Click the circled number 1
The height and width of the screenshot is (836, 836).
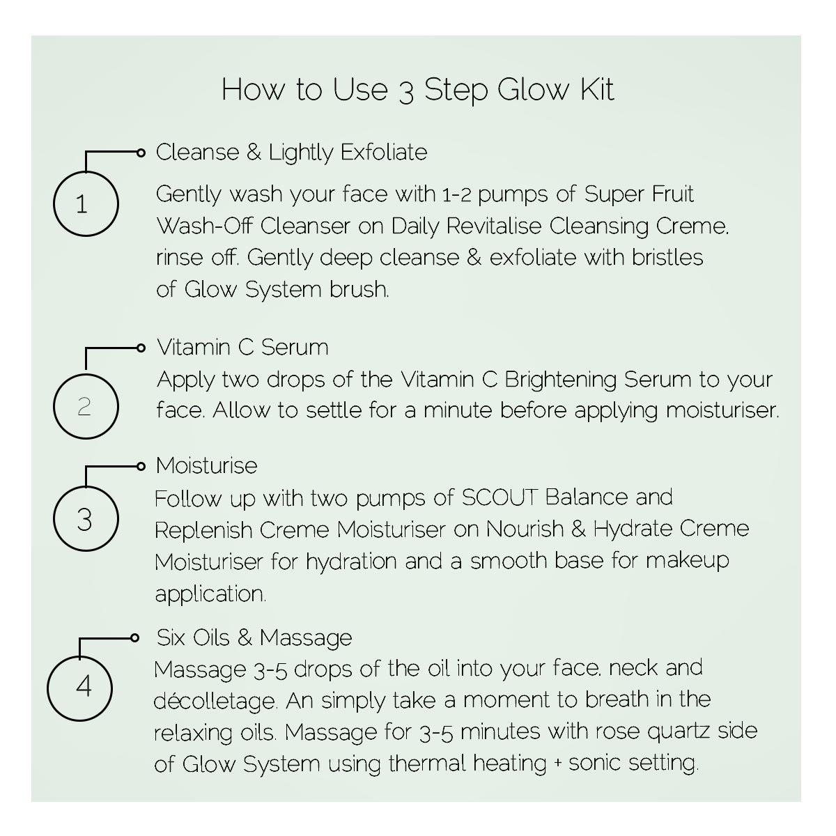86,204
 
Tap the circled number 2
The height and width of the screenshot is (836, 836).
86,406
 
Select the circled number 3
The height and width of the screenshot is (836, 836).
86,519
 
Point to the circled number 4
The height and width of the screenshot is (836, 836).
80,688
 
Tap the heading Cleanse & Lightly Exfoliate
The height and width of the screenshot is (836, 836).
291,153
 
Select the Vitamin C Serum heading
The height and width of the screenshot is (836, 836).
242,348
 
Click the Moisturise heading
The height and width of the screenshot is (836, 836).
206,465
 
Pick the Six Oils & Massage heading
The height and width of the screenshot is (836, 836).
254,637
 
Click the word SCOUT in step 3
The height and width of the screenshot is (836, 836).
500,497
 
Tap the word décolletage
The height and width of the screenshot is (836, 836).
215,701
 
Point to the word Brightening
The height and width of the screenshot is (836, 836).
561,380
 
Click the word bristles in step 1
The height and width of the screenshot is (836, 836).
667,257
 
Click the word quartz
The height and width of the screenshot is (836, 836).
679,732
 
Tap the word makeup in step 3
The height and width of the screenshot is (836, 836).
687,562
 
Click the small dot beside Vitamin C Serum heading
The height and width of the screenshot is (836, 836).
141,348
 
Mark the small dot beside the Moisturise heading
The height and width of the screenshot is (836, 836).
141,467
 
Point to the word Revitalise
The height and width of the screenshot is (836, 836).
494,226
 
